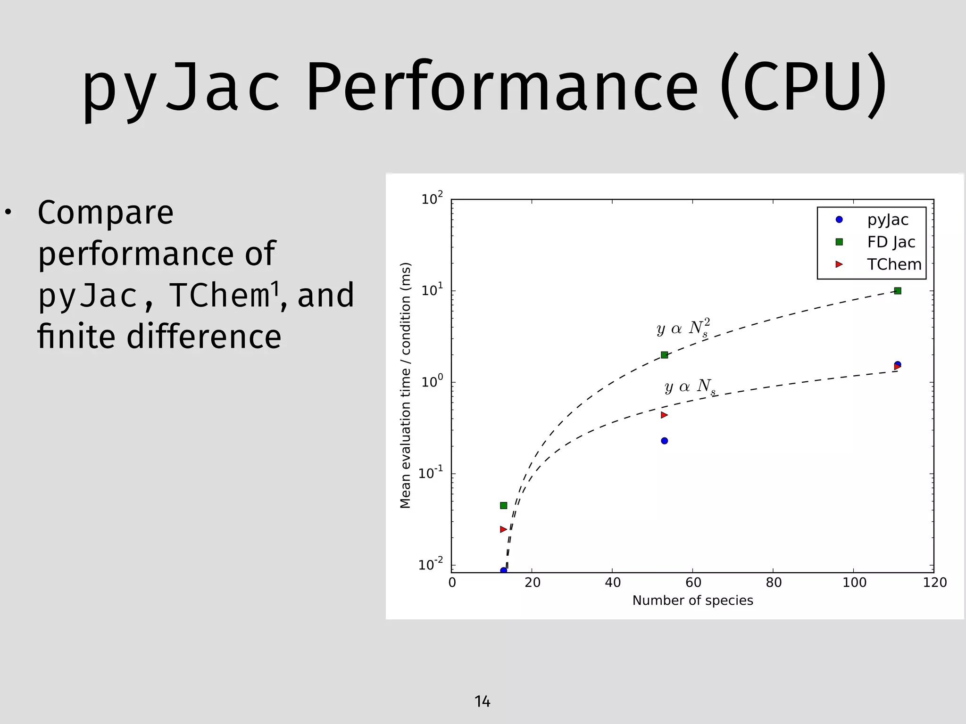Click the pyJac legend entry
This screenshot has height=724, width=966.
pyautogui.click(x=887, y=220)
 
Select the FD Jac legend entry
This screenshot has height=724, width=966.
pyautogui.click(x=891, y=242)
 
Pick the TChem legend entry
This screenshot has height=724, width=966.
pyautogui.click(x=894, y=264)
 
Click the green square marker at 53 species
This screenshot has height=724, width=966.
pyautogui.click(x=664, y=355)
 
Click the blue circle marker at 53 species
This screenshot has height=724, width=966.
pyautogui.click(x=664, y=441)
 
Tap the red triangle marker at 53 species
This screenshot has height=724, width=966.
pyautogui.click(x=664, y=415)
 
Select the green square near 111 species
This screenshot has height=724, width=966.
pyautogui.click(x=898, y=291)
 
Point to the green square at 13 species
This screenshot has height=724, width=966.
pyautogui.click(x=503, y=505)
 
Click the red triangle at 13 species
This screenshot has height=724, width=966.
pyautogui.click(x=503, y=529)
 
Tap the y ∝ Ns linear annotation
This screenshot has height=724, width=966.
pyautogui.click(x=690, y=387)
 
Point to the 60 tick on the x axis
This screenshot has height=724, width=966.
pyautogui.click(x=693, y=583)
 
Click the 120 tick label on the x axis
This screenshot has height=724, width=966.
pyautogui.click(x=934, y=583)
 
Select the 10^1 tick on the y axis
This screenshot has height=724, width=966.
pyautogui.click(x=432, y=290)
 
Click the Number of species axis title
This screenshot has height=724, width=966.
pyautogui.click(x=692, y=601)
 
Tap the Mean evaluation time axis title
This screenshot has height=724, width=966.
pyautogui.click(x=406, y=386)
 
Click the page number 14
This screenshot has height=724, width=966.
pyautogui.click(x=482, y=702)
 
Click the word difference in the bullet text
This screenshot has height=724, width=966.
pyautogui.click(x=204, y=337)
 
